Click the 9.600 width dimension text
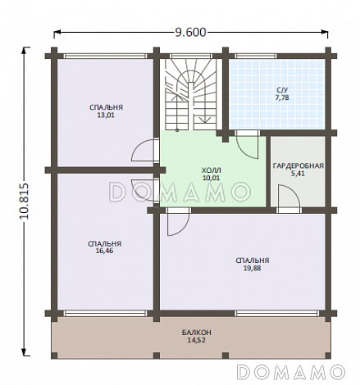click(190, 33)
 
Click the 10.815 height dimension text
click(24, 201)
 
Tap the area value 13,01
click(106, 115)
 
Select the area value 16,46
click(105, 251)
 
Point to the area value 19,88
click(252, 268)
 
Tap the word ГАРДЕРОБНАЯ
click(298, 165)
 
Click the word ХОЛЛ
click(212, 170)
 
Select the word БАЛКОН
click(196, 333)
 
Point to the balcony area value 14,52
click(196, 340)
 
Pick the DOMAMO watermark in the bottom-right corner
click(291, 371)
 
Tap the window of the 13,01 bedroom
click(106, 56)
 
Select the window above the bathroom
click(256, 56)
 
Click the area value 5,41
click(298, 174)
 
